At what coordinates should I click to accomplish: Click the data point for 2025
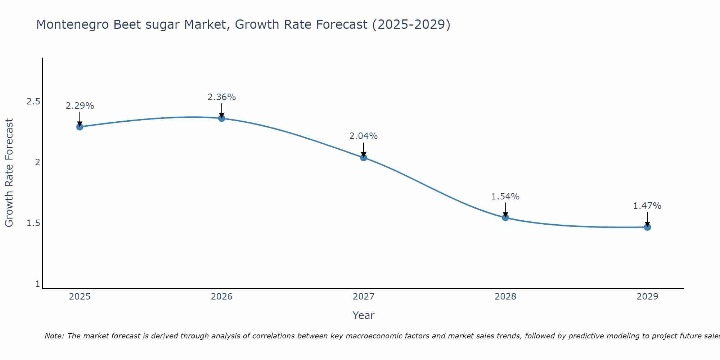80,127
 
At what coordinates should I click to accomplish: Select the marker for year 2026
221,118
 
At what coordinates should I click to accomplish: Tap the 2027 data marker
363,157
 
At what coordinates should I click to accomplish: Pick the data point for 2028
505,217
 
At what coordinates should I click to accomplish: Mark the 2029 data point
647,227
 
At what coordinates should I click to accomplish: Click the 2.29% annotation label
80,106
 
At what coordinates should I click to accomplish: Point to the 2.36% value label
221,97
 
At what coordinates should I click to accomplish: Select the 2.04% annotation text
363,136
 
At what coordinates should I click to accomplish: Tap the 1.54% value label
505,197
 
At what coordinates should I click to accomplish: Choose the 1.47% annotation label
647,206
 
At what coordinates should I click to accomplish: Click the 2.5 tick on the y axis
33,102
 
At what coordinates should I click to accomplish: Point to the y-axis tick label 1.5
33,223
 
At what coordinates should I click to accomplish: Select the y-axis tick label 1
37,284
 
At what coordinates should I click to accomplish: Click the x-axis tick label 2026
221,297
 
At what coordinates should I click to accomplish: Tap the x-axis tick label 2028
505,297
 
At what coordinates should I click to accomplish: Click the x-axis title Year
363,315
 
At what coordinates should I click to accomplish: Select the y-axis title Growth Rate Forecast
9,173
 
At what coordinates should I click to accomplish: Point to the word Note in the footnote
54,336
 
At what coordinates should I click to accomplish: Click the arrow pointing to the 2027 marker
363,149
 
